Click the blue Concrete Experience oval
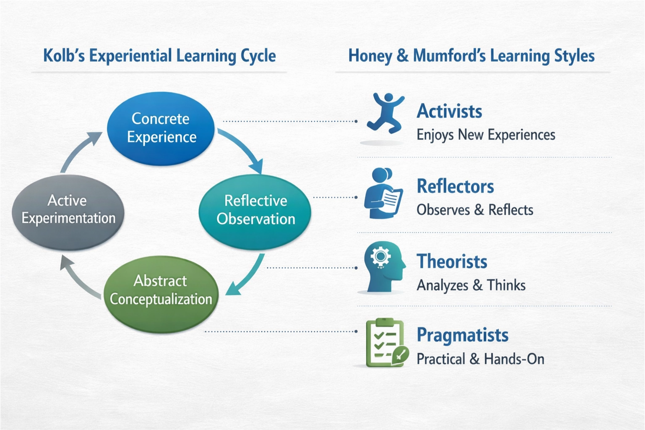[x=161, y=128]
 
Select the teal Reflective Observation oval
[x=255, y=211]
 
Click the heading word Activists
[x=449, y=112]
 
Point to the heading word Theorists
[x=452, y=261]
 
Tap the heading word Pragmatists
[x=462, y=335]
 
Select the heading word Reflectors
[x=455, y=186]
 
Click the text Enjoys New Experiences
[x=486, y=135]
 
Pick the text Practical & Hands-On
[x=480, y=359]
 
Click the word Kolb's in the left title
[x=64, y=56]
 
